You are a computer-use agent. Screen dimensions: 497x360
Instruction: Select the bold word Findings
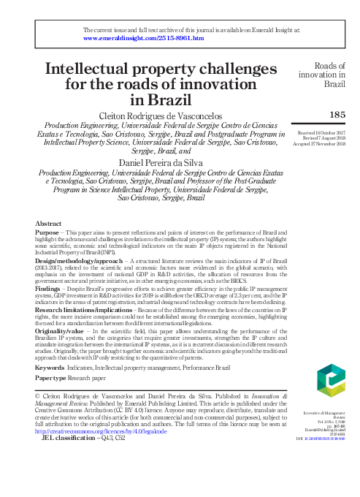(x=50, y=289)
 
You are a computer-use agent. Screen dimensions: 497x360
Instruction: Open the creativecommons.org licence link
(x=107, y=432)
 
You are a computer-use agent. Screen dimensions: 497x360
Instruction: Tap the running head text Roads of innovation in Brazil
(x=323, y=74)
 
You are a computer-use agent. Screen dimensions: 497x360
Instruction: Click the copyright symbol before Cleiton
(x=38, y=395)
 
